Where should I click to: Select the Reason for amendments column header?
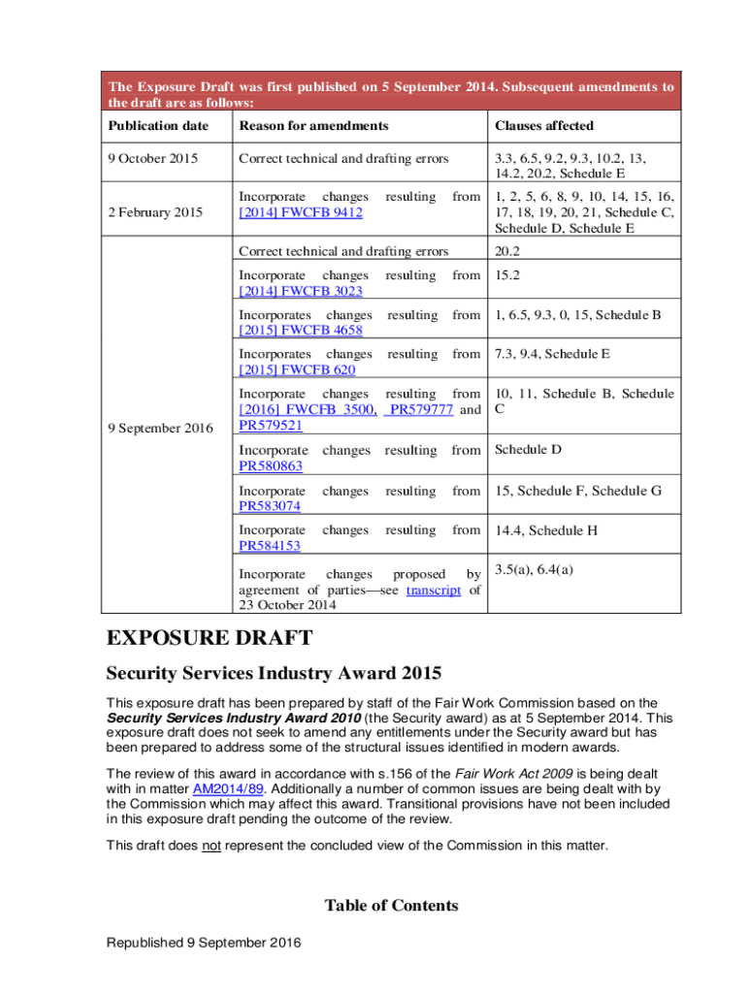click(x=313, y=126)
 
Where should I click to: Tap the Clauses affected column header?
click(x=543, y=126)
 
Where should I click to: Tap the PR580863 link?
click(x=271, y=466)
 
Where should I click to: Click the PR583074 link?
click(x=271, y=506)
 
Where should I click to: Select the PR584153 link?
click(x=271, y=546)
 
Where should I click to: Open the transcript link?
click(x=433, y=590)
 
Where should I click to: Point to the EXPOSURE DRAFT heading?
click(x=209, y=638)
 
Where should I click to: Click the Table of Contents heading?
click(x=391, y=906)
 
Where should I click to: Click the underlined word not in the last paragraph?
click(x=211, y=846)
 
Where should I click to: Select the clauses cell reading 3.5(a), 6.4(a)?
click(x=534, y=569)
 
